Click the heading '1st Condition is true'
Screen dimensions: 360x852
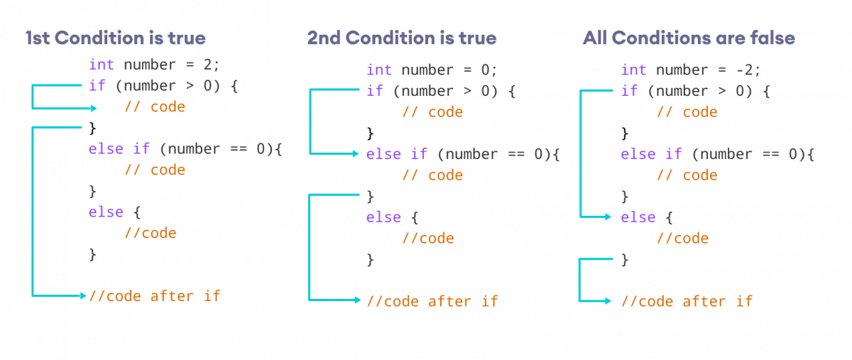[x=116, y=38]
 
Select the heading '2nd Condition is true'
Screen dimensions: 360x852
[x=402, y=38]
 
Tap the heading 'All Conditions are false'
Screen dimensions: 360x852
[x=688, y=38]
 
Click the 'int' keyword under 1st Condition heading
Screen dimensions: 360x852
[x=101, y=65]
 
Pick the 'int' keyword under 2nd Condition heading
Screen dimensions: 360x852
[x=379, y=70]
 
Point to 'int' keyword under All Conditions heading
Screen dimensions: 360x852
[x=633, y=70]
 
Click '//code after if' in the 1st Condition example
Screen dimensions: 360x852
[x=155, y=295]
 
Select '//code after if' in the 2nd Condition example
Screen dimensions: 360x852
[x=432, y=301]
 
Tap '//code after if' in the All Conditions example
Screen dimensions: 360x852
[x=687, y=302]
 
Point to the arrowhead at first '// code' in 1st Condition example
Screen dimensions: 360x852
[x=94, y=108]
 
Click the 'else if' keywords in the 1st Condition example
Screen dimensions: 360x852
[x=116, y=149]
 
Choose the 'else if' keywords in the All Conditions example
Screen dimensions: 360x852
[x=651, y=154]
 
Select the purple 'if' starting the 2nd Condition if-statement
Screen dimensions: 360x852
[x=374, y=91]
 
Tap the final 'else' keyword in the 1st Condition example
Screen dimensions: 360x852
[x=106, y=212]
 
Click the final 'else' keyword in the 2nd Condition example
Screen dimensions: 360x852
[x=383, y=217]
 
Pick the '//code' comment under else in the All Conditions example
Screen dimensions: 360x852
[x=682, y=238]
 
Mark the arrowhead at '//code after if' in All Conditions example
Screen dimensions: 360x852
[x=608, y=301]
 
